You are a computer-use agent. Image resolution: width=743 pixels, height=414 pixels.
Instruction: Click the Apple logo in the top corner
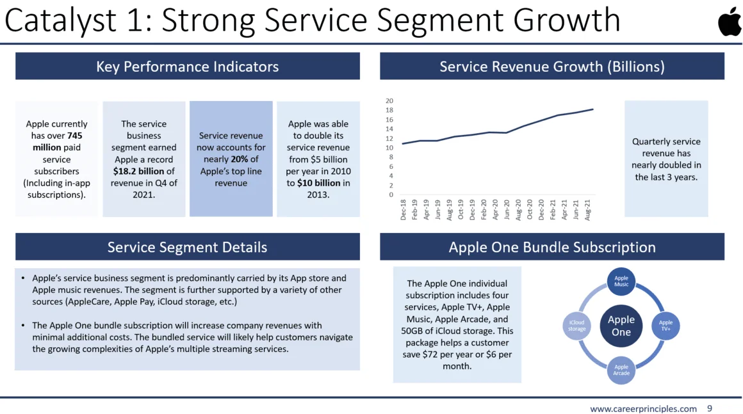coord(729,22)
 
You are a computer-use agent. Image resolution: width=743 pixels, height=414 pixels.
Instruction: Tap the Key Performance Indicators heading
coord(187,67)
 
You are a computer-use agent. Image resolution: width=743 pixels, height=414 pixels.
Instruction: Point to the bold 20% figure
coord(240,159)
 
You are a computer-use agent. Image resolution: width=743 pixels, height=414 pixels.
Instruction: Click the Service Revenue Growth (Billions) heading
coord(551,67)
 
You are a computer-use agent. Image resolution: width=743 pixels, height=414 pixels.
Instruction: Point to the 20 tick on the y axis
coord(389,101)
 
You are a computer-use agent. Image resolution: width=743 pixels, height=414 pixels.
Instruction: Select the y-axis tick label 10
coord(389,148)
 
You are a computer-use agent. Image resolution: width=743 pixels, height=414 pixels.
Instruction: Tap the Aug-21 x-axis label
coord(587,210)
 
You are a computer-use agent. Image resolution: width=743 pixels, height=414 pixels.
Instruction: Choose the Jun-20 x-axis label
coord(507,210)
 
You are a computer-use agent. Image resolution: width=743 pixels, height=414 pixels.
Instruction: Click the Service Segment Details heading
coord(187,247)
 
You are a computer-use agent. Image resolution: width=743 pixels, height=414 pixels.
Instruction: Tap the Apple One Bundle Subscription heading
coord(551,247)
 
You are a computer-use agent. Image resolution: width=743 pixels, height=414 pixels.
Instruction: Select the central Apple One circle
coord(621,326)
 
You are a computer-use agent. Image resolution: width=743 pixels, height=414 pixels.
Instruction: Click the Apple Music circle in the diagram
coord(621,282)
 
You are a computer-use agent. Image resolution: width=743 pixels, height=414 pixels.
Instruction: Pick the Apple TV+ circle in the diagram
coord(665,326)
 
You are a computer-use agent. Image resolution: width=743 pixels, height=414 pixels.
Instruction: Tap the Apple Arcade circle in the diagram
coord(621,370)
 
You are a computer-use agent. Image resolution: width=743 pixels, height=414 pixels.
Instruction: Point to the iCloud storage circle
coord(576,326)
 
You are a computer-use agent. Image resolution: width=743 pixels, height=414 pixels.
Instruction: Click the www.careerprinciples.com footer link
coord(643,408)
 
